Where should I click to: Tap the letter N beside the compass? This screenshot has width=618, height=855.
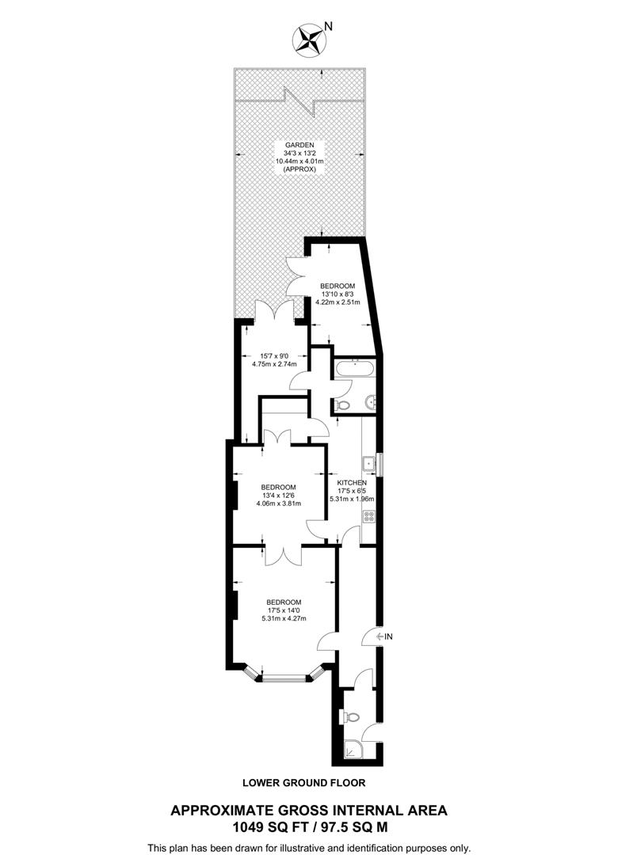point(328,26)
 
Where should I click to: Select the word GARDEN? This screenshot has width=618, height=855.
point(300,145)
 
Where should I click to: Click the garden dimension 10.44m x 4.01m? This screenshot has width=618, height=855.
point(300,161)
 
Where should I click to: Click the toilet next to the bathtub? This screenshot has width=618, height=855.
point(342,405)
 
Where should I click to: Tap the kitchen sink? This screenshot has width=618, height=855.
point(368,462)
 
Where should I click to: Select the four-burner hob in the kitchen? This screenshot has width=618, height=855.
point(368,515)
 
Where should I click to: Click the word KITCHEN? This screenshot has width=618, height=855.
point(351,482)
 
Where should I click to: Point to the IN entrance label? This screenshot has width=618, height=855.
point(388,636)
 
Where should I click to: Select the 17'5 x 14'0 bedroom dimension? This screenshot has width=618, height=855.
point(283,610)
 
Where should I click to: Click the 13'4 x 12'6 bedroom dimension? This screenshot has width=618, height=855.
point(278,496)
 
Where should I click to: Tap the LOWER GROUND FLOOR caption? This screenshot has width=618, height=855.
point(304,783)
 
